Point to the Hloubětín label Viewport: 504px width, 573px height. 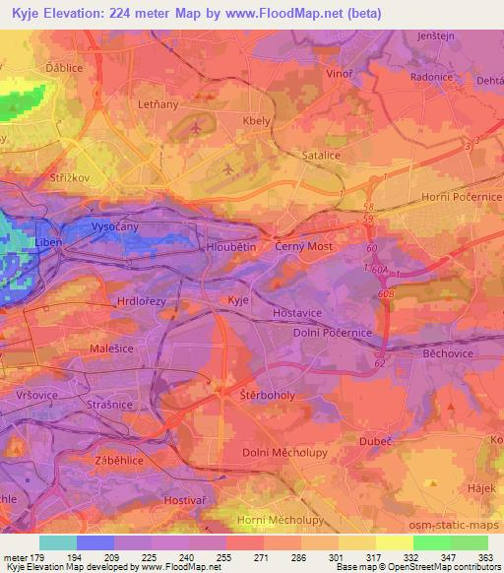231,247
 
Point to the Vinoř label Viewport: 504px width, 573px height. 338,73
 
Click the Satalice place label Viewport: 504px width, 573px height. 324,155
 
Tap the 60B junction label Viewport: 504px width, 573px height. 385,293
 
